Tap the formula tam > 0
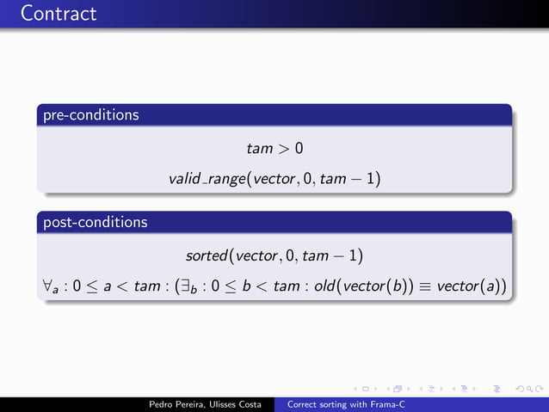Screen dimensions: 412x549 point(274,149)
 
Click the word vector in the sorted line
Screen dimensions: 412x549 point(255,255)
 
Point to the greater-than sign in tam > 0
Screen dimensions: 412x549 point(283,149)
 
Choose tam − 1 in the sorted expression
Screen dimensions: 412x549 point(331,255)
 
